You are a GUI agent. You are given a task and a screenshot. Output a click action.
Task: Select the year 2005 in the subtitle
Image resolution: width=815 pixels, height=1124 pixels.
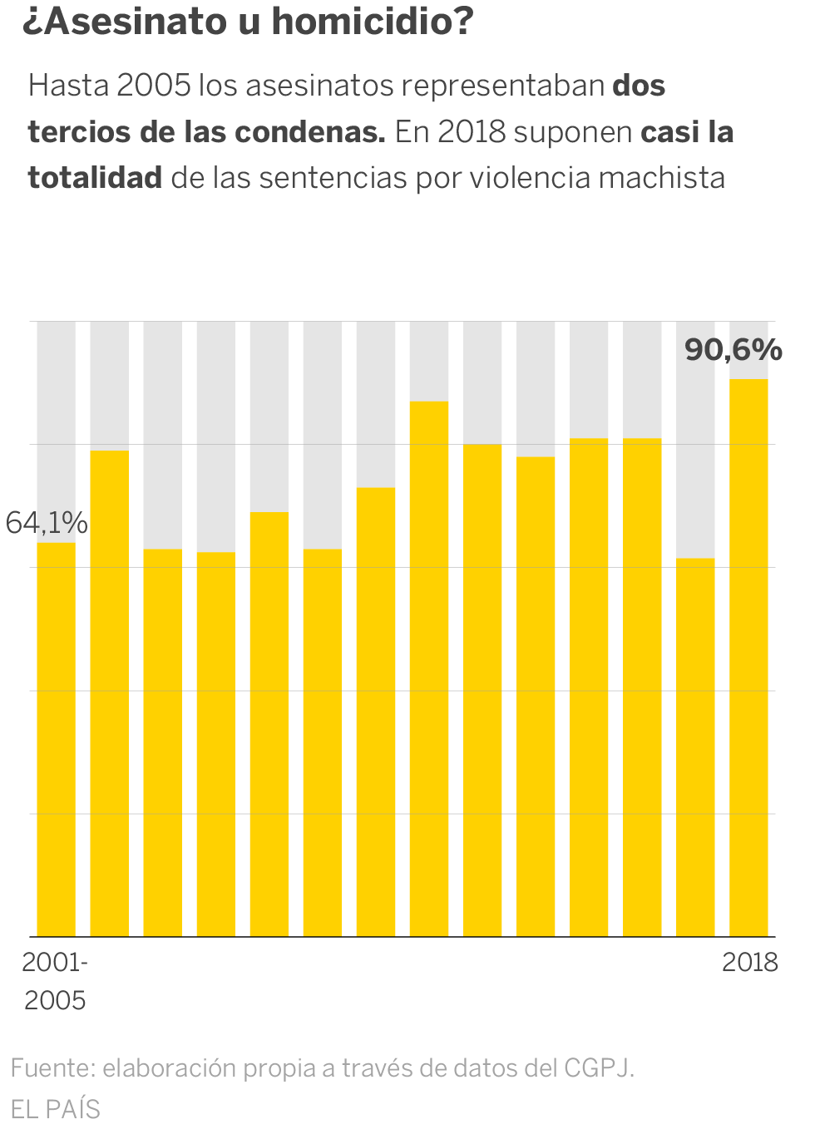tap(154, 86)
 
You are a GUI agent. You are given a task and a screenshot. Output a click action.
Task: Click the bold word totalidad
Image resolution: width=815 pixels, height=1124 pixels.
tap(95, 178)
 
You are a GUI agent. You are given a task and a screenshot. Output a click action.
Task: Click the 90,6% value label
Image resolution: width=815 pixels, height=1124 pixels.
tap(733, 350)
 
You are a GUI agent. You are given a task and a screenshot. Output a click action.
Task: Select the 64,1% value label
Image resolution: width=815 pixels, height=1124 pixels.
tap(47, 523)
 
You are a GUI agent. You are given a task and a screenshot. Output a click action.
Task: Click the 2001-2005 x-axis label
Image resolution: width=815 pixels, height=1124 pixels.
tap(55, 980)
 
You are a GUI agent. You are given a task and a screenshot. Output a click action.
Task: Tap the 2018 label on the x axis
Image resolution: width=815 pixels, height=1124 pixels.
tap(749, 962)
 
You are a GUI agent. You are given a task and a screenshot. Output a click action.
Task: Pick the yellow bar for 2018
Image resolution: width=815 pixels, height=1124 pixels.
tap(748, 657)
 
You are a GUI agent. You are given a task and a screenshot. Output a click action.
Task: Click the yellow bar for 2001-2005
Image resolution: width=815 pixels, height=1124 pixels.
tap(57, 740)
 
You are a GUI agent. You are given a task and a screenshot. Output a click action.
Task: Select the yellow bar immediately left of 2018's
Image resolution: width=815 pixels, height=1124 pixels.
tap(695, 748)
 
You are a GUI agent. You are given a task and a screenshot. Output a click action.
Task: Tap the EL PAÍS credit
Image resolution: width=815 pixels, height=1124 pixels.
tap(56, 1109)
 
